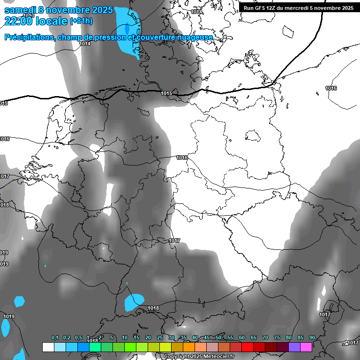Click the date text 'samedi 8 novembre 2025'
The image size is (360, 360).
point(58,10)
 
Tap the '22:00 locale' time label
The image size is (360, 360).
point(36,21)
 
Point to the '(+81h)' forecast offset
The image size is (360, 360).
point(81,21)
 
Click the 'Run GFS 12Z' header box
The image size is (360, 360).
point(298,7)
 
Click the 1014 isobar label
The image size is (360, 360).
point(85,44)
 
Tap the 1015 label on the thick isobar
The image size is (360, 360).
point(166,94)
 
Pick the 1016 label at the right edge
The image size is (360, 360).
point(331,88)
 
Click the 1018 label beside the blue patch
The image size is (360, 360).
point(153,308)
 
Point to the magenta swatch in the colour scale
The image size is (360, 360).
point(306,347)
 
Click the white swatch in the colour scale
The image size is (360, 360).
point(48,347)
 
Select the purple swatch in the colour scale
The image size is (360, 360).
point(294,347)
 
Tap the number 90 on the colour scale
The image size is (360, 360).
point(312,337)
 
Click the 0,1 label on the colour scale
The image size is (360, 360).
point(55,337)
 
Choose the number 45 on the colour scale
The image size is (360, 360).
point(207,337)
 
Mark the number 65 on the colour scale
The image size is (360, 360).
point(254,337)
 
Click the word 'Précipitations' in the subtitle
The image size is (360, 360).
point(29,37)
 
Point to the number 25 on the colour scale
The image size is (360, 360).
point(160,337)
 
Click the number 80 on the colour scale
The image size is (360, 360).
point(288,337)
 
